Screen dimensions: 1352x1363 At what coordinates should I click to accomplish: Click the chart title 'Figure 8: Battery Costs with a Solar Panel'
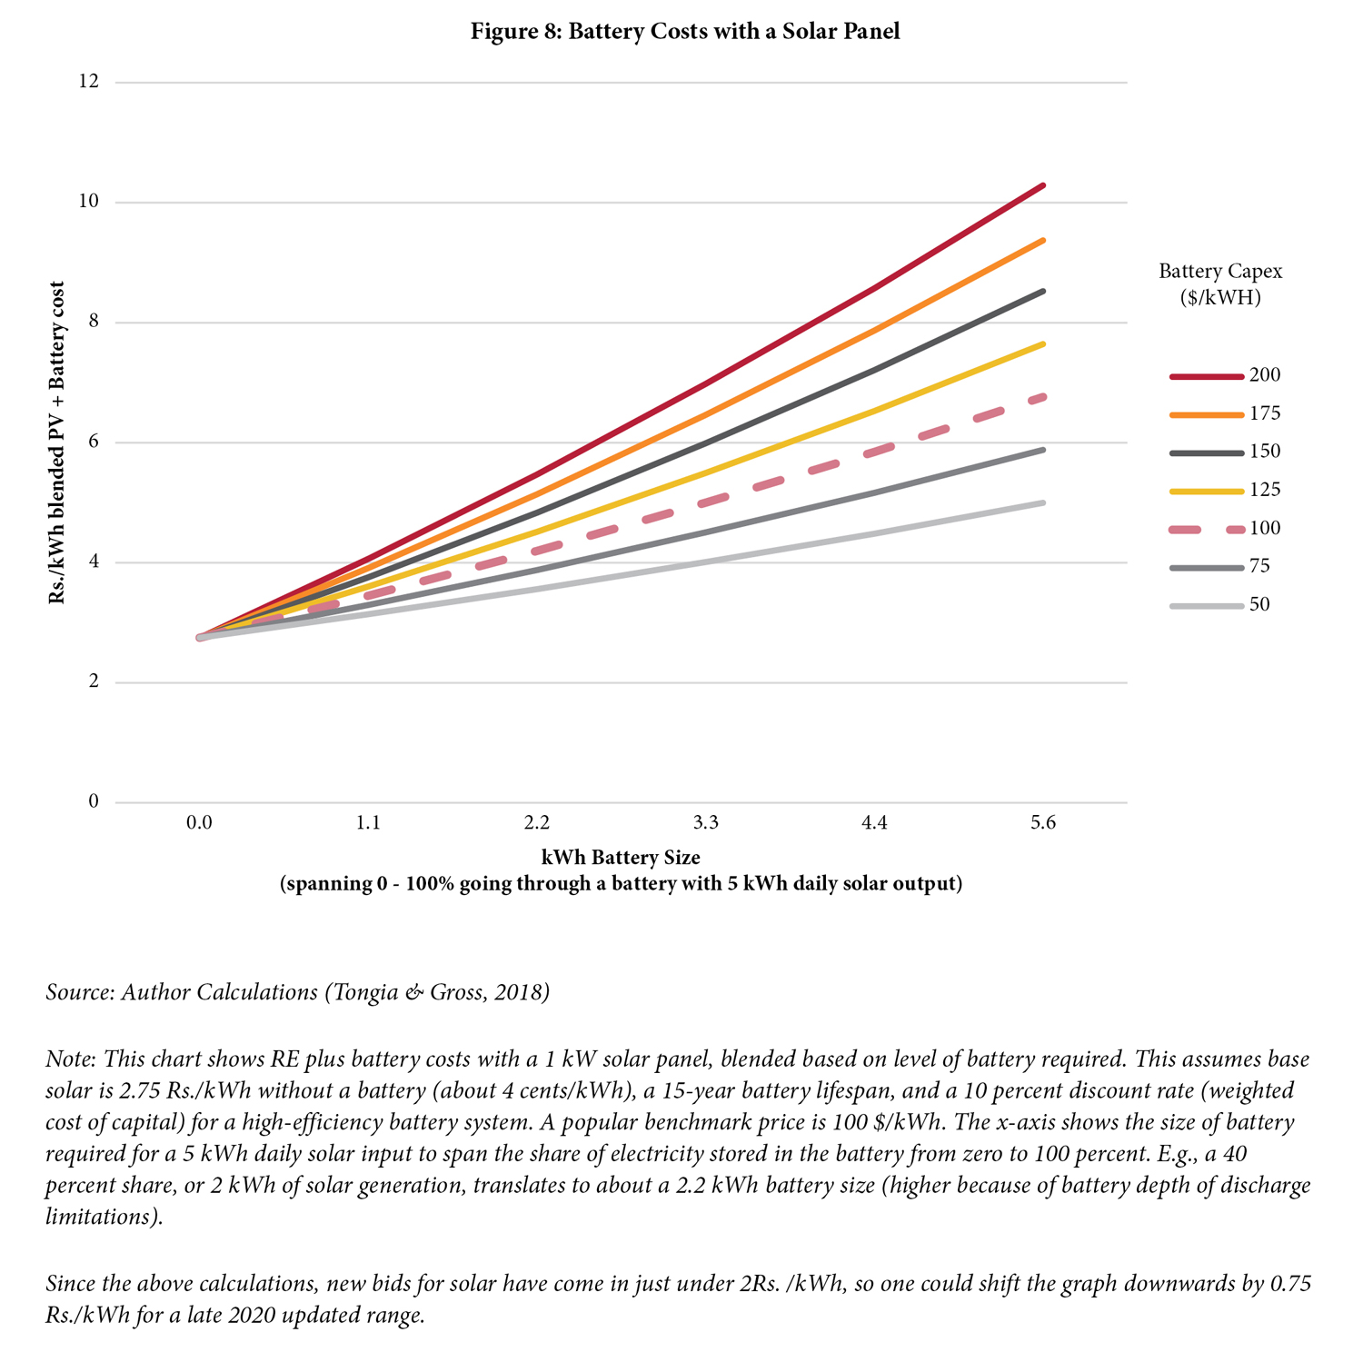click(685, 32)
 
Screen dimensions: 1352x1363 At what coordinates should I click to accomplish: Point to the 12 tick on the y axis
click(88, 82)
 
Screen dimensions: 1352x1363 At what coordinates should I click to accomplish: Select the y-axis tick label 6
click(93, 442)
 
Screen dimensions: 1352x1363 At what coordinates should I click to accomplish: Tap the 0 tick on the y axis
click(93, 801)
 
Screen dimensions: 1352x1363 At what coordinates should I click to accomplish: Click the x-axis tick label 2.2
click(537, 824)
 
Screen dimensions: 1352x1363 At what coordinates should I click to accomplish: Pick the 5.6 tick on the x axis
click(1043, 824)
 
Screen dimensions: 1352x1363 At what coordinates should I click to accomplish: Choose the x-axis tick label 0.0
click(199, 824)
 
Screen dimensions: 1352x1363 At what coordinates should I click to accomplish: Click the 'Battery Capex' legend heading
click(1220, 271)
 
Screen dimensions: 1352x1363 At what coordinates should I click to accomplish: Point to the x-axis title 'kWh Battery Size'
click(621, 857)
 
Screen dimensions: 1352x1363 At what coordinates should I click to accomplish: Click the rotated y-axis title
click(57, 442)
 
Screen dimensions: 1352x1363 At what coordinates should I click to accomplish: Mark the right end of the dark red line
click(1043, 185)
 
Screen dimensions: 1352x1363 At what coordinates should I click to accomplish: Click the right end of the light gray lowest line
click(1043, 502)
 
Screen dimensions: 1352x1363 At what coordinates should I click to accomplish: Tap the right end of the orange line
click(1043, 240)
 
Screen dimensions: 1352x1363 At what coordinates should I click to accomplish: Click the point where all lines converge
click(200, 638)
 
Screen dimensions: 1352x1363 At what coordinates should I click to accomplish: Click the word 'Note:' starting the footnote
click(71, 1059)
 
